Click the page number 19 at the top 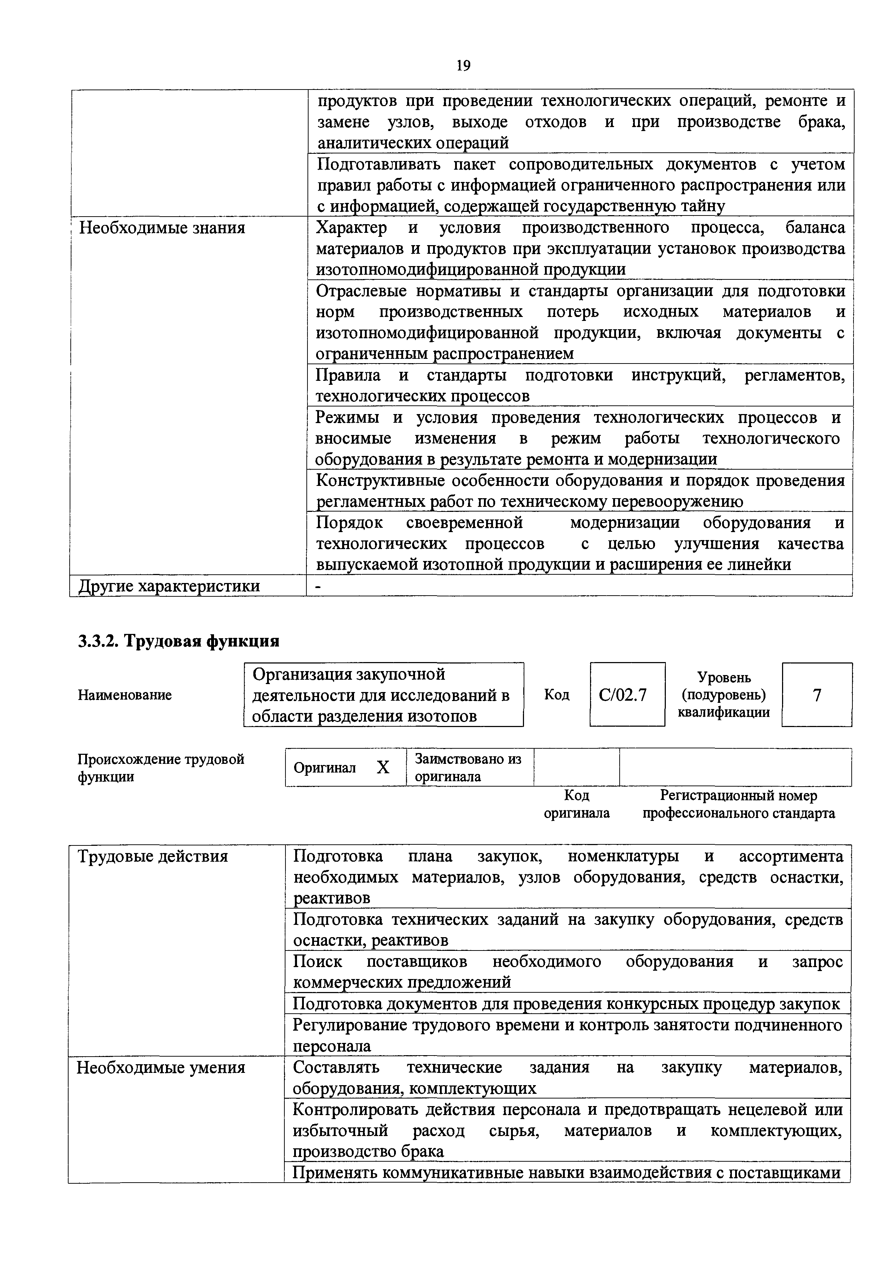click(x=463, y=66)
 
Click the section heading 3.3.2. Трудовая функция click(x=179, y=641)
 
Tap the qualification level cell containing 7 click(x=817, y=695)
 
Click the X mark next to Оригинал click(x=383, y=767)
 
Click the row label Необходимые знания click(x=162, y=228)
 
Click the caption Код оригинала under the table click(x=576, y=804)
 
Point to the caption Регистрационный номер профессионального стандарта click(x=738, y=804)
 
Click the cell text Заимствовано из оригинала click(x=467, y=767)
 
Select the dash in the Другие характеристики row click(x=318, y=587)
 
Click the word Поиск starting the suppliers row click(x=318, y=962)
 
